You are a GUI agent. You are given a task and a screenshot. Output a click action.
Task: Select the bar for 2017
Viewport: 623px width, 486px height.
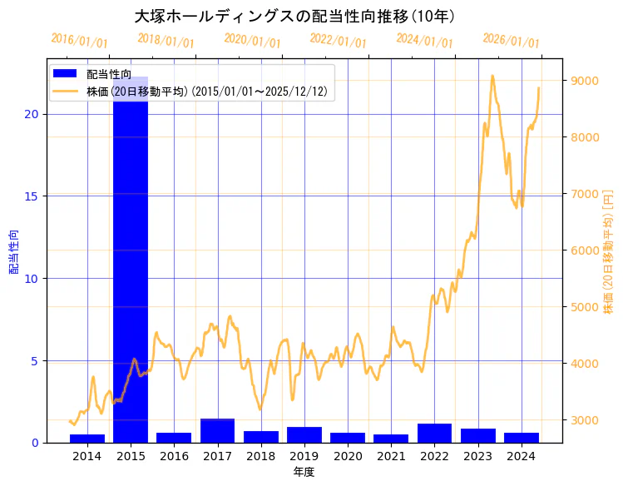[217, 431]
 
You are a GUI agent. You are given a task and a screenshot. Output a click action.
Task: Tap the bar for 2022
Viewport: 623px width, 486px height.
[434, 434]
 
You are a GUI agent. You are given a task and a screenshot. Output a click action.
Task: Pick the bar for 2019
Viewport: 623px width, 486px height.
[304, 435]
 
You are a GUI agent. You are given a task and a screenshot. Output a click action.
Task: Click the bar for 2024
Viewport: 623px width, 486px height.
[522, 438]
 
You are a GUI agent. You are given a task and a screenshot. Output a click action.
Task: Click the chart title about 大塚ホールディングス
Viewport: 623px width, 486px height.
[294, 17]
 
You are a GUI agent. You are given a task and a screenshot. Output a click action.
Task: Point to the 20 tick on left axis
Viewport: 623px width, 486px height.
[32, 114]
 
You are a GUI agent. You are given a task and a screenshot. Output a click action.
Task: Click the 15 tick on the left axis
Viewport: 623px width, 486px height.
[32, 196]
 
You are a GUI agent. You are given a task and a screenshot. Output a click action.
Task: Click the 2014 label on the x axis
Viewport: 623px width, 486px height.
[87, 455]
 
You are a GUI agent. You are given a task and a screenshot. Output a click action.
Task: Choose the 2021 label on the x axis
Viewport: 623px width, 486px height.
[391, 455]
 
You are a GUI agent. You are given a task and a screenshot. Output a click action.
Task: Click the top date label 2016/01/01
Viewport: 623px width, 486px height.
[79, 41]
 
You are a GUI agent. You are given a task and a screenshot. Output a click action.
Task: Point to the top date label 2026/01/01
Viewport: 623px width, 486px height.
[511, 41]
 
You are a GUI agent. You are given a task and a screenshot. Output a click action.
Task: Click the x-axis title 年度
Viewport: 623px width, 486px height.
[304, 472]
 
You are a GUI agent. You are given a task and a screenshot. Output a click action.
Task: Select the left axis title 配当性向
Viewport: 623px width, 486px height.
[13, 246]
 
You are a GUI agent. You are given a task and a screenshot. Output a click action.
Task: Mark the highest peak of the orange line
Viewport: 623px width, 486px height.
[492, 76]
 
